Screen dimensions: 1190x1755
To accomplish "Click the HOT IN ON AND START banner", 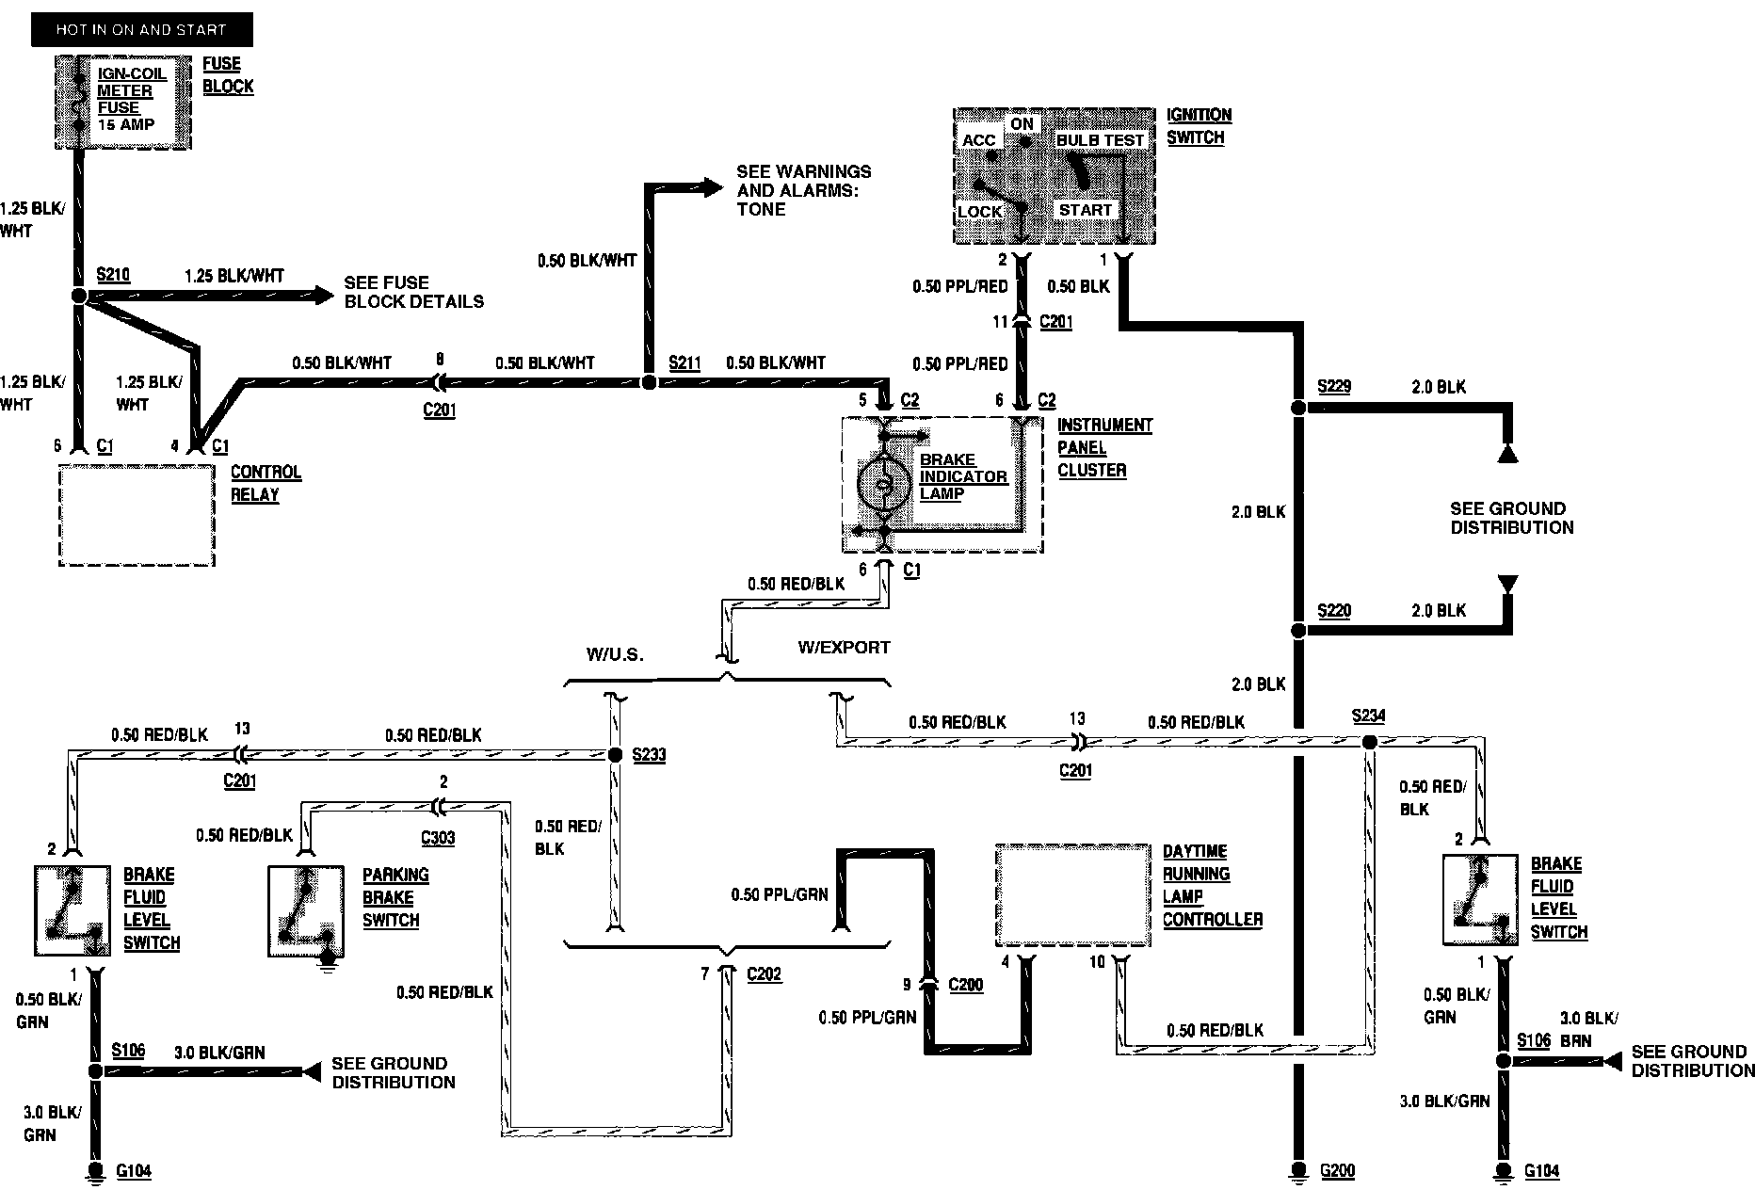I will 141,29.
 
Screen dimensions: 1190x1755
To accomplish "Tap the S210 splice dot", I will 79,296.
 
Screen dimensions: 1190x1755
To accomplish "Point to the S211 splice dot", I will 648,382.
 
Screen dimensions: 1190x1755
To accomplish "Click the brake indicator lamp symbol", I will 883,485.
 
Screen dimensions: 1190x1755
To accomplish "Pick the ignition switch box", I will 1054,176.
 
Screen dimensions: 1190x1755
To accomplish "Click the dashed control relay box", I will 137,515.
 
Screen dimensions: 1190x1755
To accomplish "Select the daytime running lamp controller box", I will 1073,895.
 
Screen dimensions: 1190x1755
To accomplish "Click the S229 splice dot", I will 1297,408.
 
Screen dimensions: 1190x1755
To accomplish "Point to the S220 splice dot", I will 1297,631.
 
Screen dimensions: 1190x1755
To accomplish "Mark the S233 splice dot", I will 615,754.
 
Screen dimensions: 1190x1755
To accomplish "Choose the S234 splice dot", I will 1369,742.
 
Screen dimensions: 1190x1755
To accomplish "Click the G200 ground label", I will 1337,1171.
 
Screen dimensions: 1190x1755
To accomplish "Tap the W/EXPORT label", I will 844,648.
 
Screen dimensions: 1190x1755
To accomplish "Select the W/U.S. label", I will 616,654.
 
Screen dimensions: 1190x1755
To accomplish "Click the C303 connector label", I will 438,837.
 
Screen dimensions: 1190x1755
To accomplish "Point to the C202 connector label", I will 764,973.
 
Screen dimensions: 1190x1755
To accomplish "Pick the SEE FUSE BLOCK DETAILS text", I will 413,292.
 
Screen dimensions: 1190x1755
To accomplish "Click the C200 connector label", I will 965,985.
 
